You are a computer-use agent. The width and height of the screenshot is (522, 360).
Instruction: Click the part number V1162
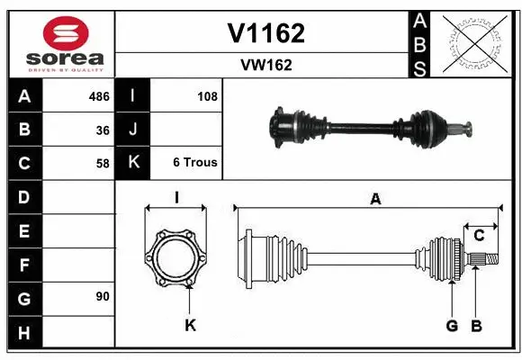pyautogui.click(x=265, y=33)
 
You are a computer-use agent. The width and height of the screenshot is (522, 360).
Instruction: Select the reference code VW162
pyautogui.click(x=265, y=65)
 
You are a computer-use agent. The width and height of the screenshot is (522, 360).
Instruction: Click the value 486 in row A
pyautogui.click(x=98, y=96)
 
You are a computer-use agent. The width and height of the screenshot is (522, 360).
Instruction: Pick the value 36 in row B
pyautogui.click(x=103, y=130)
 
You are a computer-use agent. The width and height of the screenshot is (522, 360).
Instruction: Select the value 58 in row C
pyautogui.click(x=103, y=163)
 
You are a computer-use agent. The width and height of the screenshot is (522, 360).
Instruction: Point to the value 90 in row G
pyautogui.click(x=103, y=295)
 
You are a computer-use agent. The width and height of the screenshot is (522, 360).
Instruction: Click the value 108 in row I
pyautogui.click(x=207, y=96)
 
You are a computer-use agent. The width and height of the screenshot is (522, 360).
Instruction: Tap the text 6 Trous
pyautogui.click(x=195, y=163)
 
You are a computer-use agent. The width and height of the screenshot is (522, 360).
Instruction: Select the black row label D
pyautogui.click(x=24, y=196)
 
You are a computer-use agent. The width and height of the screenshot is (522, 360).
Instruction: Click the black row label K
pyautogui.click(x=133, y=163)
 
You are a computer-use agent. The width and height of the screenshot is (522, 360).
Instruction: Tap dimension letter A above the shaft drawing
pyautogui.click(x=375, y=200)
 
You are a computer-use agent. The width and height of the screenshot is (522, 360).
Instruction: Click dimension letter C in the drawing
pyautogui.click(x=479, y=235)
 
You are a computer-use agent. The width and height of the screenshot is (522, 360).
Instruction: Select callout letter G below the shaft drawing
pyautogui.click(x=452, y=325)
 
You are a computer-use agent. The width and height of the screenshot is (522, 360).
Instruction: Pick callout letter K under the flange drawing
pyautogui.click(x=190, y=325)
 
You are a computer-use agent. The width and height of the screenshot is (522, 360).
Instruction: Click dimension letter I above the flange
pyautogui.click(x=176, y=197)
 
